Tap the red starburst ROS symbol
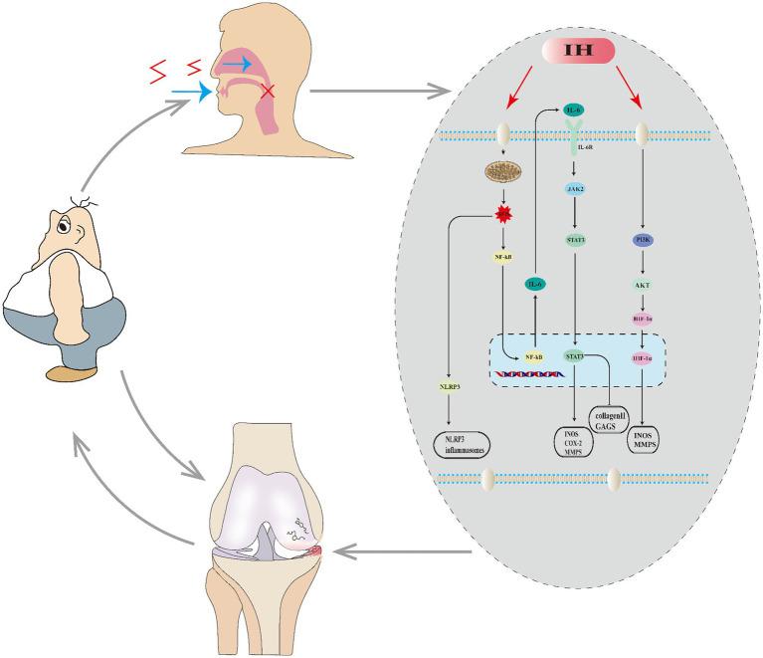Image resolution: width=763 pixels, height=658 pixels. pos(504,214)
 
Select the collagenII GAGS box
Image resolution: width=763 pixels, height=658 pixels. pos(610,416)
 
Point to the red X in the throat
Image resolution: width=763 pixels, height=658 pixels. pos(267,92)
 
